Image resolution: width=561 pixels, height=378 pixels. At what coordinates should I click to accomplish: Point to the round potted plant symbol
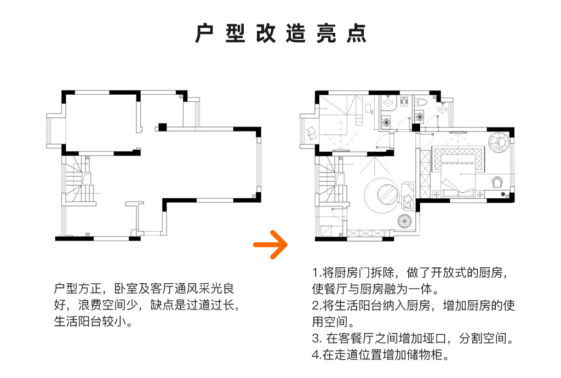pos(404,221)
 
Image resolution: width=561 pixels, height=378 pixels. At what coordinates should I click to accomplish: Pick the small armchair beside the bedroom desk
pos(498,181)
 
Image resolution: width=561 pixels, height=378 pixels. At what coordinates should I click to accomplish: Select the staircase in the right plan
pos(330,184)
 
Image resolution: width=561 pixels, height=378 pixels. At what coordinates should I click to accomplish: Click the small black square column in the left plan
pos(162,127)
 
